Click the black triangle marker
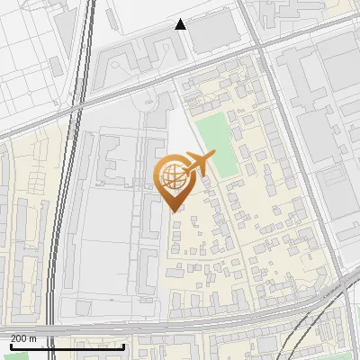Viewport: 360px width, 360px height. [181, 24]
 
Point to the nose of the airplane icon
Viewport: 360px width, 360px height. [214, 156]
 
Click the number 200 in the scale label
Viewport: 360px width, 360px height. [18, 338]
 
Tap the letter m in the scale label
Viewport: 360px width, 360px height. [32, 338]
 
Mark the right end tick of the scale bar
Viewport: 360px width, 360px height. [123, 346]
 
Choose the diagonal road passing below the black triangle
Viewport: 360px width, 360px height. [135, 81]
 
